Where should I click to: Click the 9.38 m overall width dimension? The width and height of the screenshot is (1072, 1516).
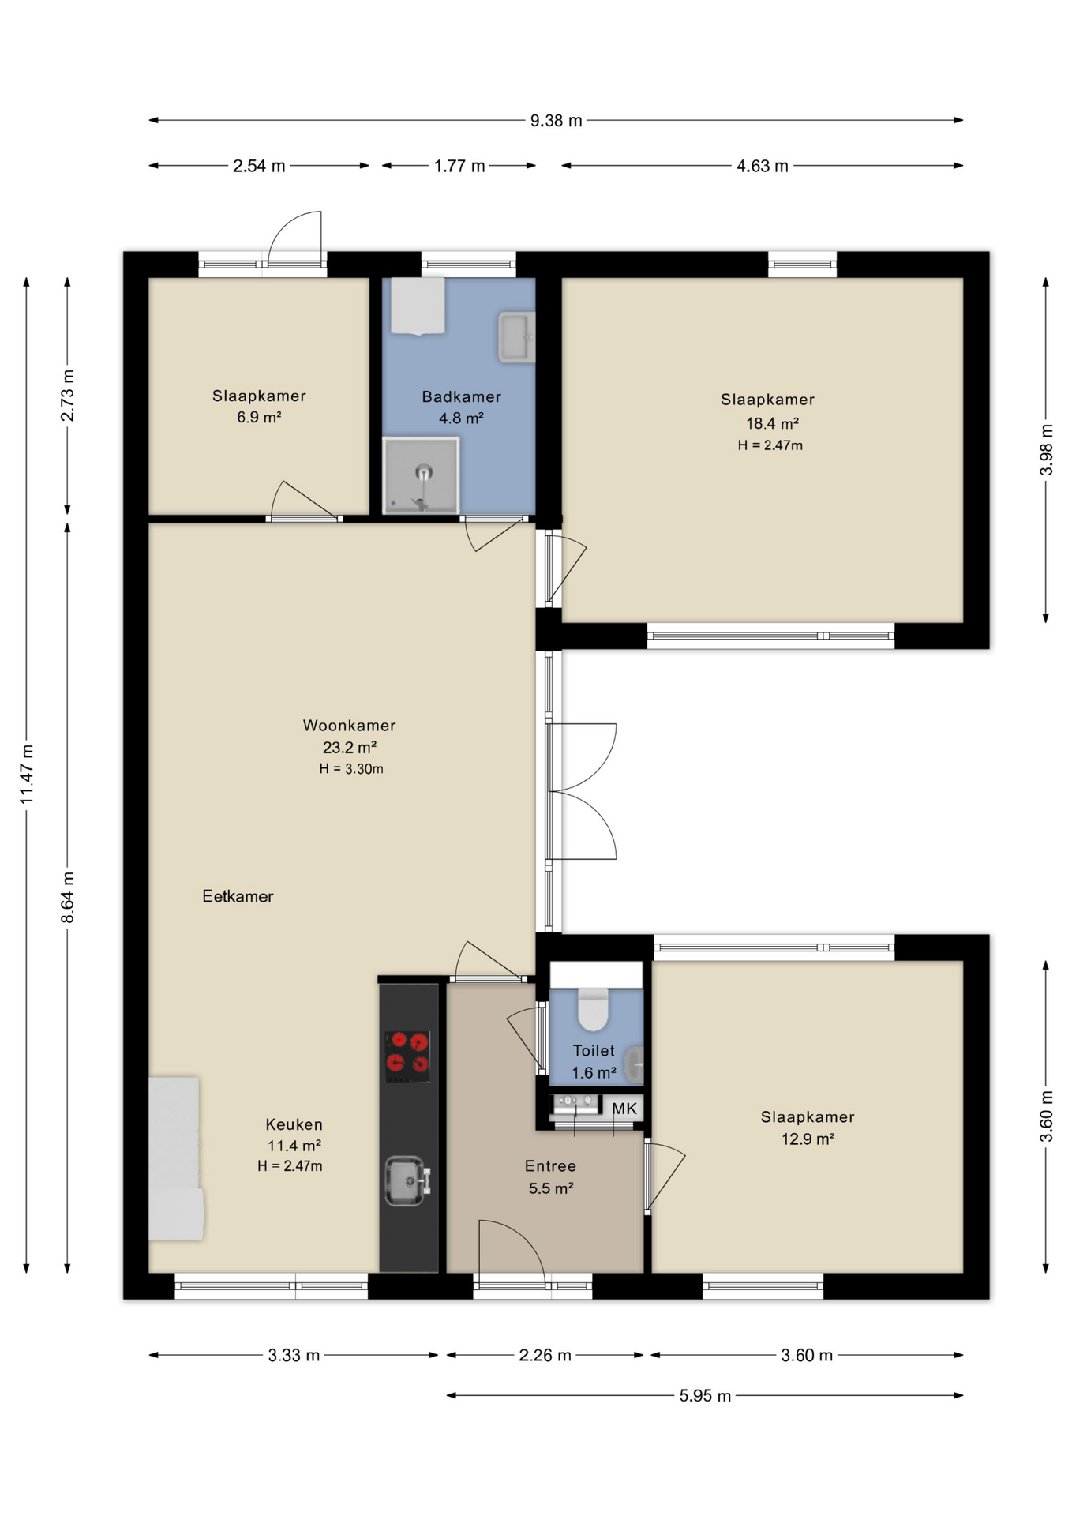coord(556,121)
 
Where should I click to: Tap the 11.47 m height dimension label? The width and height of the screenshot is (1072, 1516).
coord(27,775)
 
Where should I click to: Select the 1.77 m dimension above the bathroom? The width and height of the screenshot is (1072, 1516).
coord(459,166)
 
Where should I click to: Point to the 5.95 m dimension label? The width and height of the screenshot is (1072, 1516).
coord(705,1395)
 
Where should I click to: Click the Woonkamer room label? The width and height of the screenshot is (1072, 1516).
coord(349,725)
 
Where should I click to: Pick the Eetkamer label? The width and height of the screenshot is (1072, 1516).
coord(238,896)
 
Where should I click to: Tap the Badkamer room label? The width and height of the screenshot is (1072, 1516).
coord(461,396)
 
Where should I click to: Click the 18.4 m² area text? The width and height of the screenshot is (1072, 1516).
coord(772,423)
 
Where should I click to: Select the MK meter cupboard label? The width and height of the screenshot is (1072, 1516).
coord(624,1109)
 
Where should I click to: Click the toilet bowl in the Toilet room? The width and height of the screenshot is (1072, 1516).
coord(593,1009)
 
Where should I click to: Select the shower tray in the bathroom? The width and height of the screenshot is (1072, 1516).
coord(421,475)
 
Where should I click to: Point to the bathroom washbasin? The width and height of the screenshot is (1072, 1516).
coord(516,337)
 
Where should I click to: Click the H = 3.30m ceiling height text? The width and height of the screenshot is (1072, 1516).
coord(351,769)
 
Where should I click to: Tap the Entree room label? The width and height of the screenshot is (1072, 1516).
coord(550,1165)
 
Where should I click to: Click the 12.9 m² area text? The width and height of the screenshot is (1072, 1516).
coord(808,1139)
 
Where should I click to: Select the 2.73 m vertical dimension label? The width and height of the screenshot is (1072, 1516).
coord(68,396)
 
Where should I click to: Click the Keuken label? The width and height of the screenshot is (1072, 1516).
coord(294,1124)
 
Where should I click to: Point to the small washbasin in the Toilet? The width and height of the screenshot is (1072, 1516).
coord(635,1065)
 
